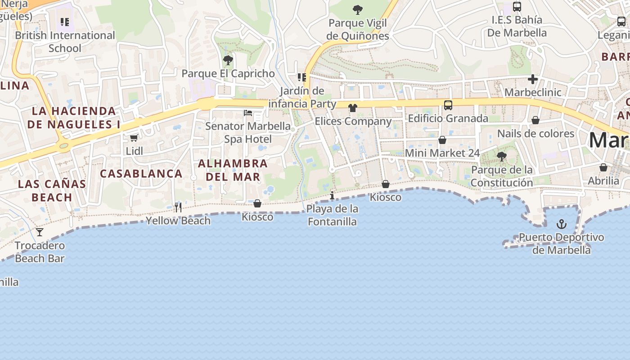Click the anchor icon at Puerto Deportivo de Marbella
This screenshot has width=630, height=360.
[561, 224]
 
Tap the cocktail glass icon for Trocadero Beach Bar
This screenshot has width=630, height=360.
[40, 232]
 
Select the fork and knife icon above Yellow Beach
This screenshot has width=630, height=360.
[178, 207]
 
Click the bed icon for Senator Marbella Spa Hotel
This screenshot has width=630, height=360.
[248, 112]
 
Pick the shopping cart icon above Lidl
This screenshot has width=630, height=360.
[134, 138]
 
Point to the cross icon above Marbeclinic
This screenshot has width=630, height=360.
[533, 79]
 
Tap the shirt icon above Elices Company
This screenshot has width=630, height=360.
[353, 108]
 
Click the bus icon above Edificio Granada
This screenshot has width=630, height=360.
[448, 105]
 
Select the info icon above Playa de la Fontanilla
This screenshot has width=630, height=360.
[332, 195]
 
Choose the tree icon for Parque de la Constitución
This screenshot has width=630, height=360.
[501, 157]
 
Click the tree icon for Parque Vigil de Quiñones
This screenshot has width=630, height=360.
[358, 9]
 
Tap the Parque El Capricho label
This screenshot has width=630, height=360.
[228, 73]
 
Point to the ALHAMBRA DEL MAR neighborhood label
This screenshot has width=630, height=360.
[233, 170]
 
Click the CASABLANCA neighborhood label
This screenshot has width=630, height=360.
[141, 173]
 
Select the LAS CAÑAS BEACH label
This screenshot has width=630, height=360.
[52, 190]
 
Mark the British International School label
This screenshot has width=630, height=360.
[65, 41]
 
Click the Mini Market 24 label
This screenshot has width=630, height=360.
[442, 153]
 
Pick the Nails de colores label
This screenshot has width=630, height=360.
[535, 134]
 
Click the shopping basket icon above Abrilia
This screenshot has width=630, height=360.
[603, 167]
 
